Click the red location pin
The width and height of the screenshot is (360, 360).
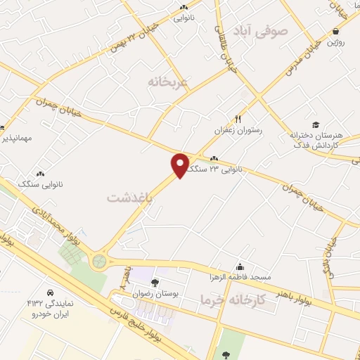point(181,164)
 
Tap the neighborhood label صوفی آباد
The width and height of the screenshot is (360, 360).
point(264,31)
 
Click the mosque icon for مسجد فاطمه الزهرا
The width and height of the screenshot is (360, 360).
point(241,266)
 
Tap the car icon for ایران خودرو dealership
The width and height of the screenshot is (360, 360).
point(50,292)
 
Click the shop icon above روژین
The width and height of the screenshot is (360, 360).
point(337,31)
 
